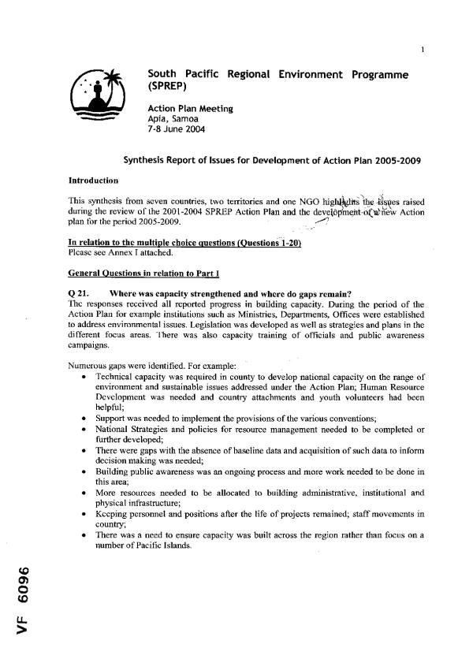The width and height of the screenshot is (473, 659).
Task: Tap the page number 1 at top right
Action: click(423, 52)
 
